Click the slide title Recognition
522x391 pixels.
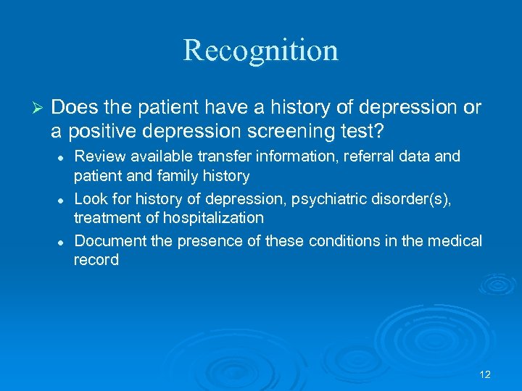pos(261,51)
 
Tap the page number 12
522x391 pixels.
pos(485,374)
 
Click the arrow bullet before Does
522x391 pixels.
pos(41,109)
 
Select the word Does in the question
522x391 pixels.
pos(70,108)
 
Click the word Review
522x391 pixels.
pos(99,156)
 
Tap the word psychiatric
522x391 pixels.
pos(320,198)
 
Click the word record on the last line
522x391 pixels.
pos(96,260)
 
